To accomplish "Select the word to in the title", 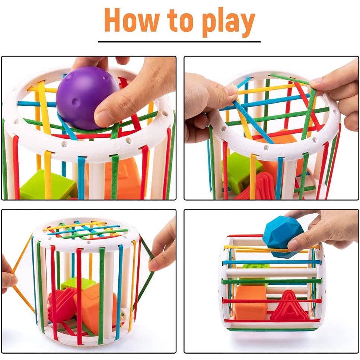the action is pos(182,21).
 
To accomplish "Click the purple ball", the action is pos(87,98).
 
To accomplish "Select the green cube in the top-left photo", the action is pos(48,184).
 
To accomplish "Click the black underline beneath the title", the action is pos(179,42).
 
